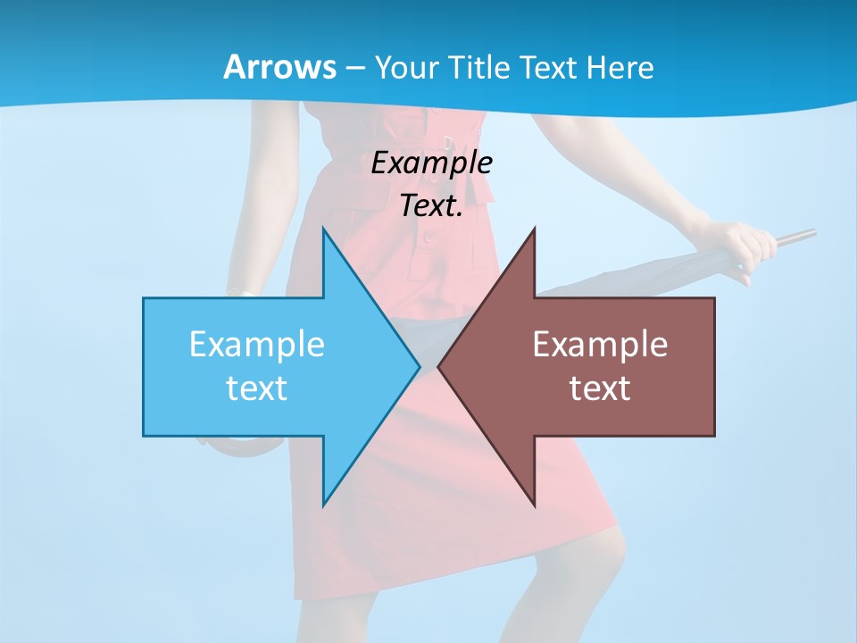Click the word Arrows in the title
[x=280, y=68]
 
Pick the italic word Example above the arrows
[x=431, y=163]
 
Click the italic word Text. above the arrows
[x=431, y=206]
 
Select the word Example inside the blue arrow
[x=257, y=345]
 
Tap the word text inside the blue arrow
[x=257, y=388]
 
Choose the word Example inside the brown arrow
[x=600, y=345]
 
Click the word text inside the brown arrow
[x=600, y=388]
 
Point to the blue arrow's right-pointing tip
[x=418, y=366]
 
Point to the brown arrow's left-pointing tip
[x=440, y=366]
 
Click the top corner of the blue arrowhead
[x=323, y=230]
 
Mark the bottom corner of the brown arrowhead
[x=535, y=505]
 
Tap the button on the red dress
[x=431, y=238]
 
